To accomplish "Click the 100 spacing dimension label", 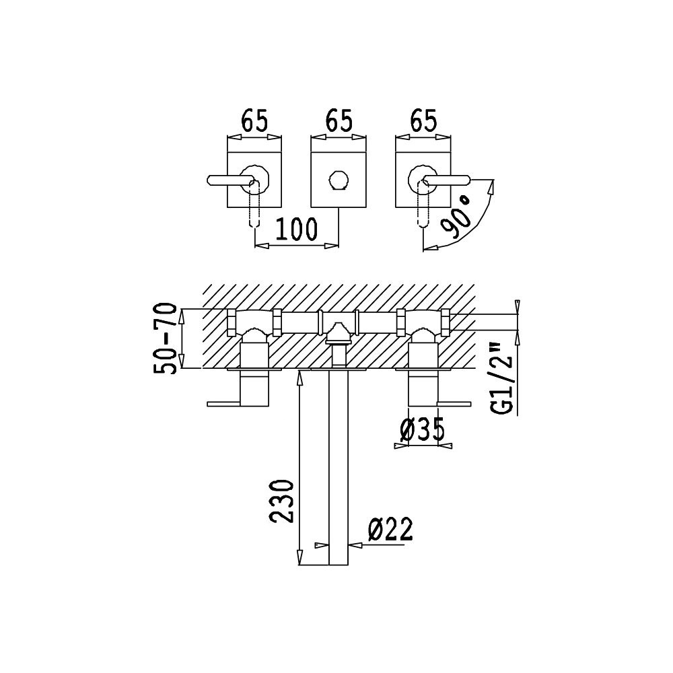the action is [x=297, y=229].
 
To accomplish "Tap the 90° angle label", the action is [x=456, y=217].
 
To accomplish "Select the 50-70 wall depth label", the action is [x=165, y=339].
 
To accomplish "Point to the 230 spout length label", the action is [x=281, y=501].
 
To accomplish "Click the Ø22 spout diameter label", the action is [x=390, y=529].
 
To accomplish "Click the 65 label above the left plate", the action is [x=254, y=120].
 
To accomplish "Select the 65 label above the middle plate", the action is [x=339, y=120].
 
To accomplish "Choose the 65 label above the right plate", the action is [x=423, y=120].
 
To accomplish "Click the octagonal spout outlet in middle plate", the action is [x=339, y=180].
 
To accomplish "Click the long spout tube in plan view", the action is [x=339, y=467].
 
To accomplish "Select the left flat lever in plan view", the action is [x=223, y=404].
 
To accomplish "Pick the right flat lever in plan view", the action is [x=454, y=404].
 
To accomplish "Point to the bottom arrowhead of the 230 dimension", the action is [x=299, y=557].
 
